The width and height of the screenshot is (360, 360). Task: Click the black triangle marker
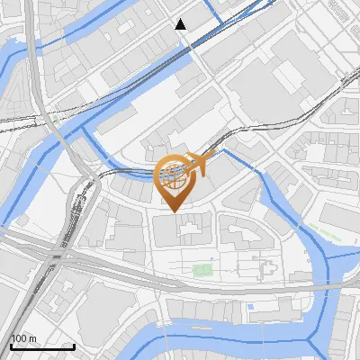[181, 24]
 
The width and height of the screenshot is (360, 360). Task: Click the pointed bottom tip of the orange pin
[174, 211]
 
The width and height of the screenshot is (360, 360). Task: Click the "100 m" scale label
[23, 338]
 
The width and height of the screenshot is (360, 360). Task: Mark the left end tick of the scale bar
[11, 346]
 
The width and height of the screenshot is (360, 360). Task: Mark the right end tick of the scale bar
[75, 346]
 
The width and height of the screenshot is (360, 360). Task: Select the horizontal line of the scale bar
[42, 347]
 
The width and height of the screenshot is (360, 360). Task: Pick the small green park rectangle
[202, 270]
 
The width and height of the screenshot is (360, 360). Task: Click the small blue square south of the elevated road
[250, 307]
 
